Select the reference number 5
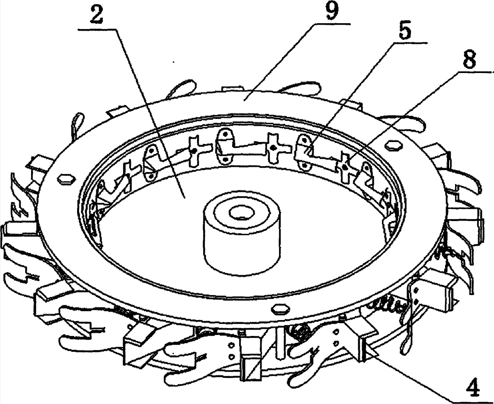[405, 30]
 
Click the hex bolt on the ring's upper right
[394, 145]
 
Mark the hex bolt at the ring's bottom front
[281, 308]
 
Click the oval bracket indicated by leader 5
[304, 152]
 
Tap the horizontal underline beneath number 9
[331, 24]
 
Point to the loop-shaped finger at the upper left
[78, 125]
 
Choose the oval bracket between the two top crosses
[224, 147]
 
